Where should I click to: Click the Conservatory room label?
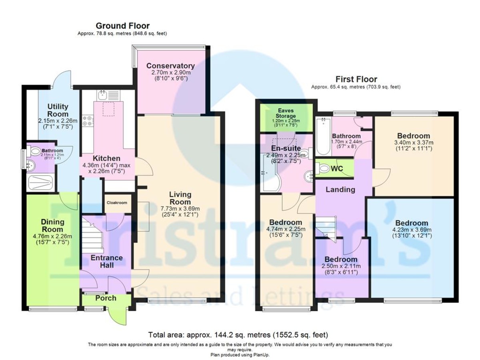pyautogui.click(x=170, y=66)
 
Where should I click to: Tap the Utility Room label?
pyautogui.click(x=58, y=110)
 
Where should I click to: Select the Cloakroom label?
pyautogui.click(x=116, y=203)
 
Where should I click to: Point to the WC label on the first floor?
pyautogui.click(x=337, y=169)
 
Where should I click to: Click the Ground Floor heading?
pyautogui.click(x=122, y=26)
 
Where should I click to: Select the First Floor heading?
pyautogui.click(x=356, y=79)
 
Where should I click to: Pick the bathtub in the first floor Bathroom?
pyautogui.click(x=322, y=138)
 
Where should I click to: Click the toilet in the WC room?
pyautogui.click(x=322, y=169)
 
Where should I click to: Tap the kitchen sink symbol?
pyautogui.click(x=103, y=95)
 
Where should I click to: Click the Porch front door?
pyautogui.click(x=119, y=314)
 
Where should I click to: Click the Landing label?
pyautogui.click(x=340, y=189)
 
